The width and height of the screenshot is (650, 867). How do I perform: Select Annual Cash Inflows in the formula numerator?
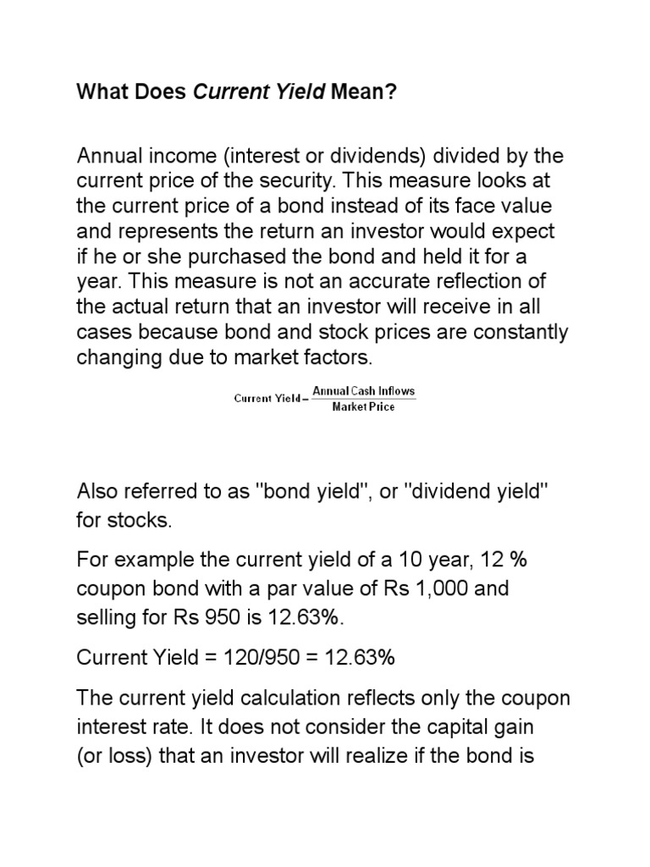[364, 391]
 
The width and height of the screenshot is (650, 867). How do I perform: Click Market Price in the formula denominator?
[363, 406]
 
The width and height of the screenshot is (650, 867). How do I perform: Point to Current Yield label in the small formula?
[267, 399]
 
